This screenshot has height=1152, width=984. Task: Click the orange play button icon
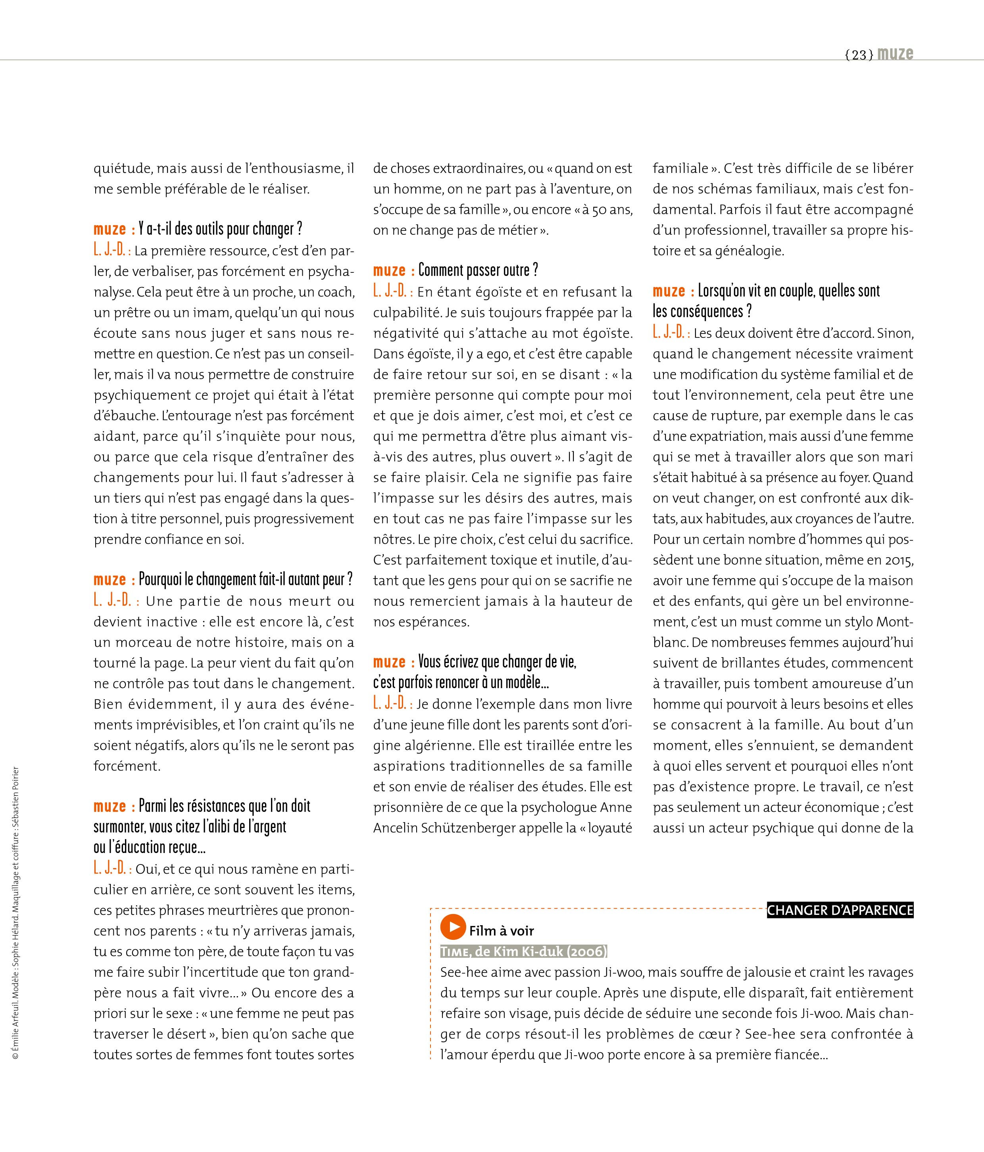[x=453, y=926]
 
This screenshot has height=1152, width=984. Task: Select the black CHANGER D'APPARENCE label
[x=840, y=910]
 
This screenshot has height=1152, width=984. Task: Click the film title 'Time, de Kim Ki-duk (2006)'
[x=523, y=951]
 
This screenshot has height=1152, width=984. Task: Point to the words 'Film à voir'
[x=501, y=931]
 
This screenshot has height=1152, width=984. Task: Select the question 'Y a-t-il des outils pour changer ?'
[x=220, y=229]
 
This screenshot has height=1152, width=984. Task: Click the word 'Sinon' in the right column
[x=895, y=334]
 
